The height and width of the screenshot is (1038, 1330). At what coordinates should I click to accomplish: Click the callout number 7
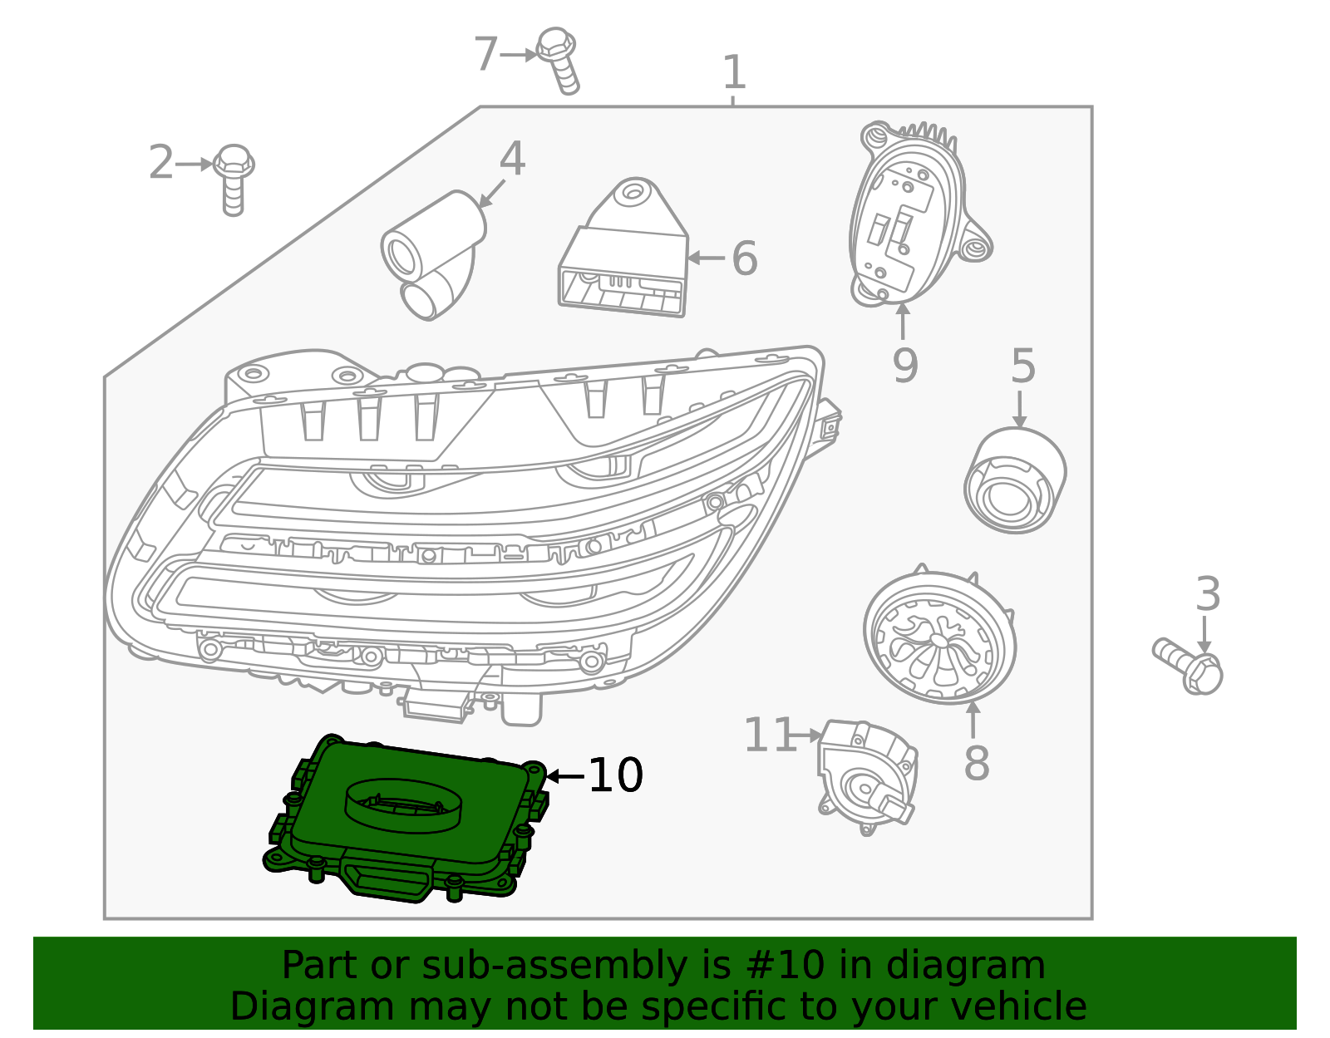[486, 54]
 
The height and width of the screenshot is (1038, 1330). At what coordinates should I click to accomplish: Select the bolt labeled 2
[234, 180]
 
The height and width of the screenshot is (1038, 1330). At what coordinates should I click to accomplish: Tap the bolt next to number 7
[559, 60]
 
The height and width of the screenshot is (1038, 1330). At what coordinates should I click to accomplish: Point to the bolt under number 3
[1187, 667]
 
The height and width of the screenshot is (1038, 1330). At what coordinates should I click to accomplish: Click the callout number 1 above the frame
[734, 72]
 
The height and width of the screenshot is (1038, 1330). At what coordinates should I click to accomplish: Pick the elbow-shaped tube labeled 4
[433, 255]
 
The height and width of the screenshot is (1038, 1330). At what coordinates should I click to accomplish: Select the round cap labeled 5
[1015, 480]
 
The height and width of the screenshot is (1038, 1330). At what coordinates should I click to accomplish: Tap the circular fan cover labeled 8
[939, 634]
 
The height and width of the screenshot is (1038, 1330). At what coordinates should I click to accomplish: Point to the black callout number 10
[616, 775]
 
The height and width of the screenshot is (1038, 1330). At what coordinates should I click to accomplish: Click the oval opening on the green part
[403, 805]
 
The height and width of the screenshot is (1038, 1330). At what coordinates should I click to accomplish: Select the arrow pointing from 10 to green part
[564, 776]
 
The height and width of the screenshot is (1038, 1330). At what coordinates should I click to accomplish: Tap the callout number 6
[744, 258]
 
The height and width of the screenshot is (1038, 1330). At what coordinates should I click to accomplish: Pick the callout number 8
[976, 763]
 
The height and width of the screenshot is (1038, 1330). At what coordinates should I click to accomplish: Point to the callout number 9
[905, 365]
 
